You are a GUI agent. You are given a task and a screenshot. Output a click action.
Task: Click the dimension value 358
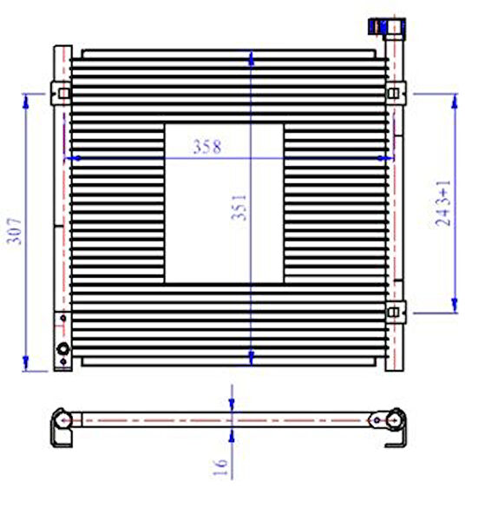(206, 147)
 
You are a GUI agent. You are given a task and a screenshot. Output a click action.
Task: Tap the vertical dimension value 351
(239, 208)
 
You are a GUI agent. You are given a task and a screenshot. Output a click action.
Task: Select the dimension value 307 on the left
(14, 231)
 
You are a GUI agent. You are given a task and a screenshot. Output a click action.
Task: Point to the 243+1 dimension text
(443, 203)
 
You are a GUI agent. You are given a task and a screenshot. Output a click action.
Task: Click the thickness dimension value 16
(220, 467)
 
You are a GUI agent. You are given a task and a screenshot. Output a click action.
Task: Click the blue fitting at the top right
(377, 26)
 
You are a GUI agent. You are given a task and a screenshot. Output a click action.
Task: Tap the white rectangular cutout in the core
(224, 204)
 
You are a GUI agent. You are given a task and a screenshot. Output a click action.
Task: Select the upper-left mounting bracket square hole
(63, 94)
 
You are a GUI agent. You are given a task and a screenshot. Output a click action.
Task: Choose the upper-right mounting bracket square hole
(393, 94)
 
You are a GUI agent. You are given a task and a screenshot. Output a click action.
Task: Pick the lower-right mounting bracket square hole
(393, 313)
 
